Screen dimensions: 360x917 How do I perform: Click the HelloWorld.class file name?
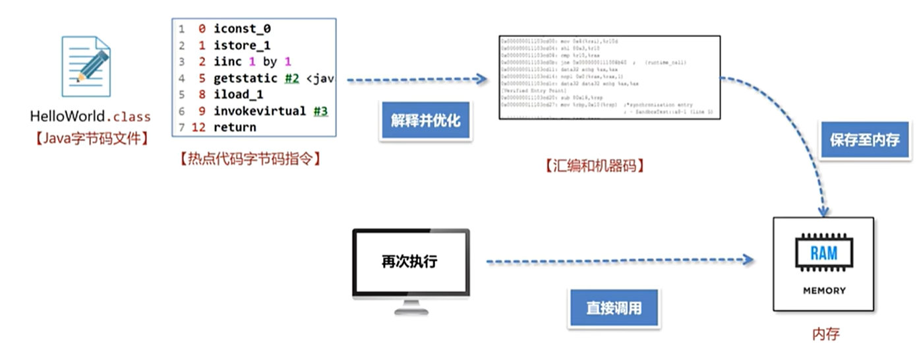coord(90,117)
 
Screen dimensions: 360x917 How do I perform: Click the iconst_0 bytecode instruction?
coord(242,29)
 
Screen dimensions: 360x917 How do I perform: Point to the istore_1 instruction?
coord(242,45)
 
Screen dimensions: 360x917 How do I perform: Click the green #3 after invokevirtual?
coord(320,111)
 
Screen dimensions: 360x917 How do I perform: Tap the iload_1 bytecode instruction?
coord(238,94)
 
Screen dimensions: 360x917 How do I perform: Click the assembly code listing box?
coord(609,77)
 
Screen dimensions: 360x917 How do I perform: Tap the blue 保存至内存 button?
coord(864,140)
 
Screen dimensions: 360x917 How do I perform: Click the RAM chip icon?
coord(823,253)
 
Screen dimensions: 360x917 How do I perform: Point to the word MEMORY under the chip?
coord(824,290)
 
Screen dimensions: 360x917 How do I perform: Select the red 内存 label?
coord(825,334)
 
